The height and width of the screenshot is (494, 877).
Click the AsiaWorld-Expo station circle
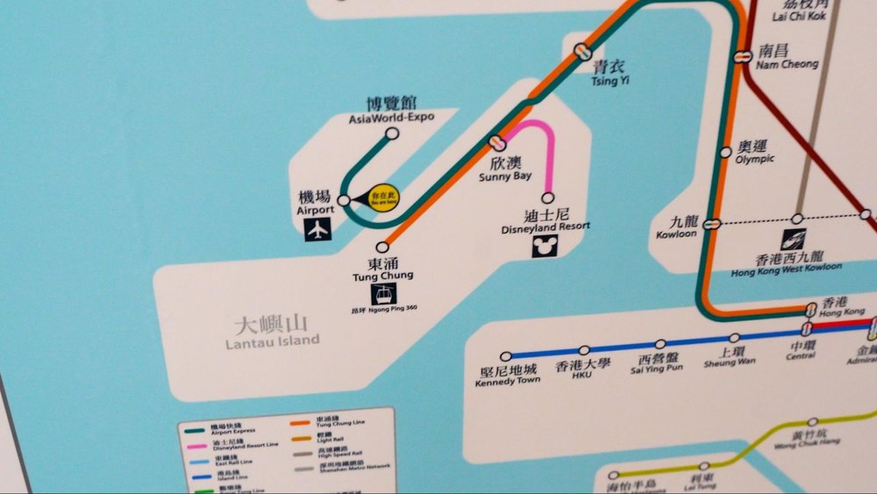pyautogui.click(x=392, y=134)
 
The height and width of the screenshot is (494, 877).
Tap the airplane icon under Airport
pyautogui.click(x=317, y=230)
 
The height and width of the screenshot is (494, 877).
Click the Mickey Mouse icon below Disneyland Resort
pyautogui.click(x=545, y=247)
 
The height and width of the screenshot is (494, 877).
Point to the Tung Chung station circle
pyautogui.click(x=382, y=247)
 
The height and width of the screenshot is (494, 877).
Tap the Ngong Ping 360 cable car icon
pyautogui.click(x=384, y=295)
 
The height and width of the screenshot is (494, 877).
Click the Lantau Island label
pyautogui.click(x=272, y=333)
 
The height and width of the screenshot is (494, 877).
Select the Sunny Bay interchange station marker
pyautogui.click(x=497, y=141)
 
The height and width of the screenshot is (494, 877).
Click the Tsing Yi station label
pyautogui.click(x=610, y=72)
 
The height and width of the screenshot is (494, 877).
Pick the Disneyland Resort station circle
pyautogui.click(x=549, y=198)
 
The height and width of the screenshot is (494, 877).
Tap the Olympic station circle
pyautogui.click(x=725, y=153)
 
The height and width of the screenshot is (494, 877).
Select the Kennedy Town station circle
pyautogui.click(x=506, y=356)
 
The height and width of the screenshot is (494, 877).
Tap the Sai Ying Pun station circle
pyautogui.click(x=660, y=345)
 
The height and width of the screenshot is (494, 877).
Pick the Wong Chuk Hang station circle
pyautogui.click(x=812, y=422)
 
